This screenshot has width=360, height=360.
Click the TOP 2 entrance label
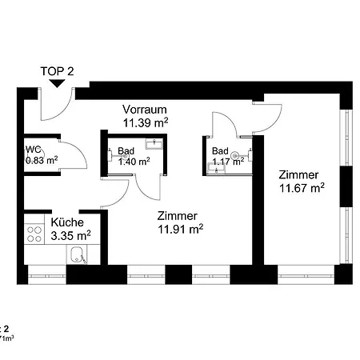pyautogui.click(x=58, y=70)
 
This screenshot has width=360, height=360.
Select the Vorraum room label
pyautogui.click(x=145, y=109)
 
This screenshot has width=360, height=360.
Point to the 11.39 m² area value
pyautogui.click(x=145, y=122)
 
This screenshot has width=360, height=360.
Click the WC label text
pyautogui.click(x=34, y=150)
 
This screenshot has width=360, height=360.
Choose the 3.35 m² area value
pyautogui.click(x=70, y=235)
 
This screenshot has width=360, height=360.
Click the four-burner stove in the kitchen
pyautogui.click(x=35, y=234)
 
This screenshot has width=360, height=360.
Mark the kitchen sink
pyautogui.click(x=78, y=256)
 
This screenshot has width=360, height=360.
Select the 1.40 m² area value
pyautogui.click(x=134, y=161)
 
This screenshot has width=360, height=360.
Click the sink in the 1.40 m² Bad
pyautogui.click(x=154, y=144)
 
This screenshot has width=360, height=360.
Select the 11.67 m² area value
pyautogui.click(x=301, y=188)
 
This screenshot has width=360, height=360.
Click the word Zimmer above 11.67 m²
pyautogui.click(x=298, y=174)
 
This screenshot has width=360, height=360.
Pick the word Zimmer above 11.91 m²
pyautogui.click(x=178, y=214)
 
